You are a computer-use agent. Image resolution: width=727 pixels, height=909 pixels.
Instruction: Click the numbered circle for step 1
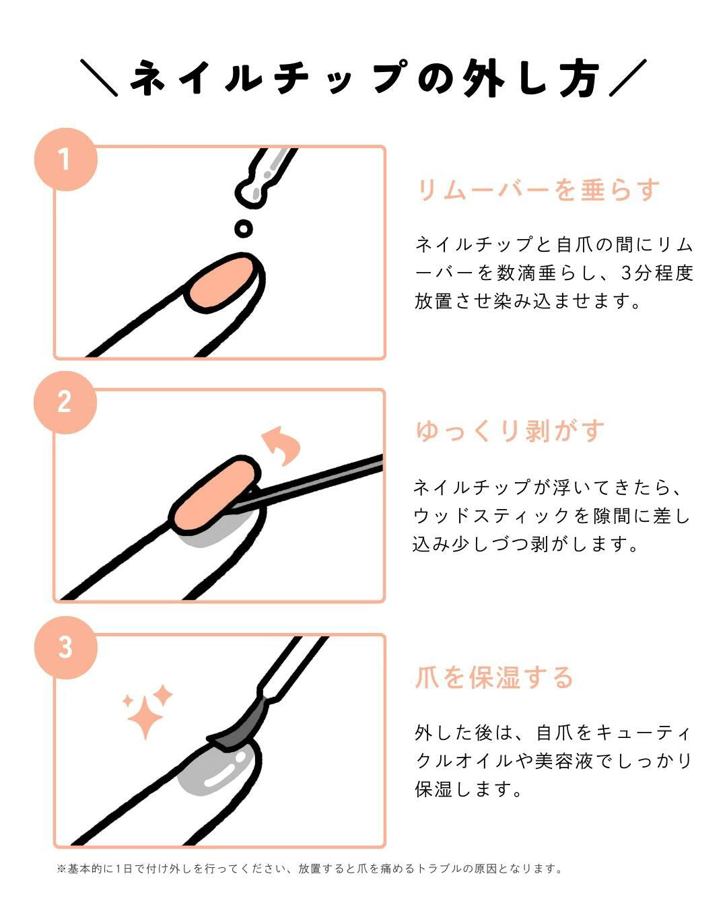pyautogui.click(x=65, y=160)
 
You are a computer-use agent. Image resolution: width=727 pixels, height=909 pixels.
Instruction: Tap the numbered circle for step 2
pyautogui.click(x=65, y=402)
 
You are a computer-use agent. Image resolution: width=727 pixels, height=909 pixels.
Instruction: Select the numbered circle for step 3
pyautogui.click(x=65, y=647)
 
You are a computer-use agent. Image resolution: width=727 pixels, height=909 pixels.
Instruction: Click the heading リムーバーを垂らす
pyautogui.click(x=538, y=190)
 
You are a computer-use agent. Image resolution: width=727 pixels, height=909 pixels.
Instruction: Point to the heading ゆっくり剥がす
pyautogui.click(x=510, y=431)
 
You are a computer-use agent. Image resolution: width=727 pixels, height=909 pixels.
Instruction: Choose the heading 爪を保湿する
pyautogui.click(x=493, y=677)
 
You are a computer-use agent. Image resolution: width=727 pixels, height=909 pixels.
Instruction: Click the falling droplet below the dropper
pyautogui.click(x=244, y=228)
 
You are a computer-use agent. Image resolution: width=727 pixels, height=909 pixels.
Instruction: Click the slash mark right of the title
pyautogui.click(x=627, y=77)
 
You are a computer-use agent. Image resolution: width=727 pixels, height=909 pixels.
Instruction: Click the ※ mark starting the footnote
pyautogui.click(x=61, y=869)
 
